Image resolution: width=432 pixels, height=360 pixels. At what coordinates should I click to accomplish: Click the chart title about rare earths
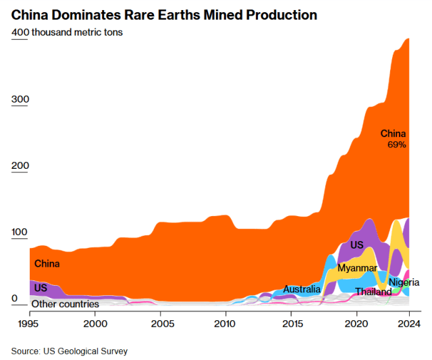[164, 14]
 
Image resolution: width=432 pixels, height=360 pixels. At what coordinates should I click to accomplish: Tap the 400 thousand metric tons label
[67, 32]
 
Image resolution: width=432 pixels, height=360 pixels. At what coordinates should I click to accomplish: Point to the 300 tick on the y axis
[20, 99]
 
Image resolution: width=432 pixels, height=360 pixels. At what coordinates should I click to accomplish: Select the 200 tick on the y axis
[20, 165]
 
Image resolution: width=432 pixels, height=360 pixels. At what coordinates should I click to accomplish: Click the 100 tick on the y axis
[20, 232]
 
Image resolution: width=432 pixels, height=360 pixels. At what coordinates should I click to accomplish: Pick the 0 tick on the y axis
[14, 298]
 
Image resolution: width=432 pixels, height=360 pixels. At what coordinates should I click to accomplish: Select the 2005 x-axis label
[161, 324]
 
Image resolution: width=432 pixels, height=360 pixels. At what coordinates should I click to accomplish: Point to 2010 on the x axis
[226, 324]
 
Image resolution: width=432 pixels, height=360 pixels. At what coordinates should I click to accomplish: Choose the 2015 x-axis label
[291, 324]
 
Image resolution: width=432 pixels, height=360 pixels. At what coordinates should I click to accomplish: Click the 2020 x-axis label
[356, 324]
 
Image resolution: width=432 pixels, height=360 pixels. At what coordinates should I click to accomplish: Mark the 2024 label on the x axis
[408, 324]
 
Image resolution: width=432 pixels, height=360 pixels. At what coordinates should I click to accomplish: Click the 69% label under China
[396, 145]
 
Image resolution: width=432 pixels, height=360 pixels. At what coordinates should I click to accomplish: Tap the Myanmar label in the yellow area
[357, 268]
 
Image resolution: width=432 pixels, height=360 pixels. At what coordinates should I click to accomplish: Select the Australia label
[302, 289]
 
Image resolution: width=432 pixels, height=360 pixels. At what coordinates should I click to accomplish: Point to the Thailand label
[373, 292]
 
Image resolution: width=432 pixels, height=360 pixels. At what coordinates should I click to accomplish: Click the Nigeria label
[404, 282]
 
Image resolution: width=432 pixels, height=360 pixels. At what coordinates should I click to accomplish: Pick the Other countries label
[65, 304]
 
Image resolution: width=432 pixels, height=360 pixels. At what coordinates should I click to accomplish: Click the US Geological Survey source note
[69, 351]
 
